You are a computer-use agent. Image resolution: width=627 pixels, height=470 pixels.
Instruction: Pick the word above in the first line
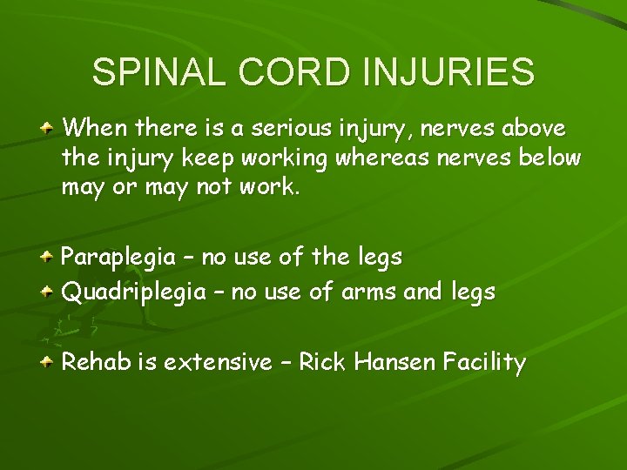(x=531, y=129)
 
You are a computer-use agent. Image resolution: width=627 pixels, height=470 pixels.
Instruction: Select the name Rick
(x=322, y=362)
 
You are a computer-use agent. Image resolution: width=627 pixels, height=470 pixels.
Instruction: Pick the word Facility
(x=484, y=363)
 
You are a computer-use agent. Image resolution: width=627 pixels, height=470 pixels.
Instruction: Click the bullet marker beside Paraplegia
(x=50, y=258)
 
